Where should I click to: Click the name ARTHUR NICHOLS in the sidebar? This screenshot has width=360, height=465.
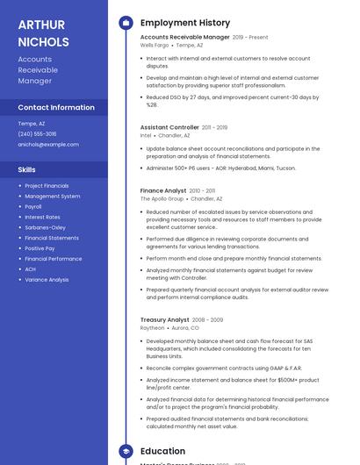pyautogui.click(x=43, y=32)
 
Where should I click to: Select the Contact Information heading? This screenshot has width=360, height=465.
pyautogui.click(x=56, y=107)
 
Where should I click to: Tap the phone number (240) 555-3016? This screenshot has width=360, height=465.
pyautogui.click(x=37, y=133)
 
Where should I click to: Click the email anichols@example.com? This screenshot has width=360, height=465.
pyautogui.click(x=48, y=144)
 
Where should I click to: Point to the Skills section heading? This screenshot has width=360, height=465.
pyautogui.click(x=26, y=169)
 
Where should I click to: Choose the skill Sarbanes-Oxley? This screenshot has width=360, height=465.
pyautogui.click(x=45, y=227)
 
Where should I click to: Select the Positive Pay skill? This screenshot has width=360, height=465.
pyautogui.click(x=40, y=248)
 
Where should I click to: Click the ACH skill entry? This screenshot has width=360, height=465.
pyautogui.click(x=30, y=269)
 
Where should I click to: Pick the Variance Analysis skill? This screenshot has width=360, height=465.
pyautogui.click(x=47, y=280)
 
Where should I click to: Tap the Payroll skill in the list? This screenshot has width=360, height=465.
pyautogui.click(x=33, y=206)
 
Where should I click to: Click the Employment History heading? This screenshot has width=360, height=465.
pyautogui.click(x=184, y=23)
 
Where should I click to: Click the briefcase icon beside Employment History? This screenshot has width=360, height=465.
pyautogui.click(x=125, y=23)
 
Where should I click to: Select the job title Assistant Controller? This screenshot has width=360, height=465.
pyautogui.click(x=169, y=127)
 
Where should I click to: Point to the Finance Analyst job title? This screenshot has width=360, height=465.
pyautogui.click(x=163, y=190)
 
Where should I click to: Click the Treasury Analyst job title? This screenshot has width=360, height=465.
pyautogui.click(x=164, y=320)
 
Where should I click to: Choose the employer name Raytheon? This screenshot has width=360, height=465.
pyautogui.click(x=152, y=328)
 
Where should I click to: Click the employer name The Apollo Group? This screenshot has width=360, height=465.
pyautogui.click(x=162, y=198)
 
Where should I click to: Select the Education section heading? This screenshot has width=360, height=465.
pyautogui.click(x=162, y=451)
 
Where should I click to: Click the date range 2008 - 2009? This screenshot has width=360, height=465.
pyautogui.click(x=208, y=320)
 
